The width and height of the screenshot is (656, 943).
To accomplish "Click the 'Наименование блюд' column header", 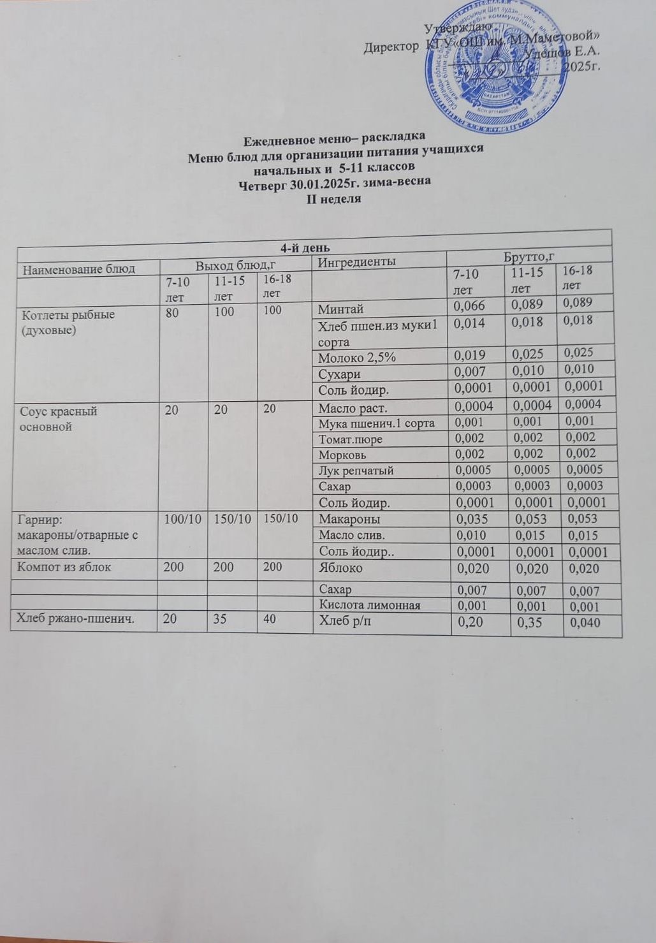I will (x=80, y=268).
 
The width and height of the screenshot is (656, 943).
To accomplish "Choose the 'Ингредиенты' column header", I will (x=356, y=261).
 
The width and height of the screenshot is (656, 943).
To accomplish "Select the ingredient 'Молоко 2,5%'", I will (x=357, y=357).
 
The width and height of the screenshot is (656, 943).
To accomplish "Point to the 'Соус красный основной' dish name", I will (x=59, y=419).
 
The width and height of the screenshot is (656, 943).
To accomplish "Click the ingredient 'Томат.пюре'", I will (x=350, y=439).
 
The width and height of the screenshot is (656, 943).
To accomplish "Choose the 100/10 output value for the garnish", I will (x=182, y=519).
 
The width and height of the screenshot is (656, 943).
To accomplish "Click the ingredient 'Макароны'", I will (x=349, y=520).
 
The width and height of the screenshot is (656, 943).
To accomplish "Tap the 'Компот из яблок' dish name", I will (x=66, y=567).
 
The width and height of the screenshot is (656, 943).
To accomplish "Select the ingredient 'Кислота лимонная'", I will (x=369, y=605).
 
